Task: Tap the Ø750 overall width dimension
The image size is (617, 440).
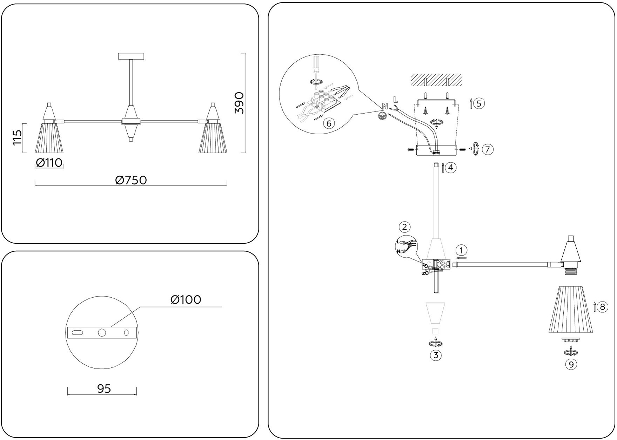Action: (x=131, y=180)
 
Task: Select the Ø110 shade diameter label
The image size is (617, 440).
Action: (x=49, y=163)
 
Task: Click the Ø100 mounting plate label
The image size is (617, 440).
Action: (x=186, y=299)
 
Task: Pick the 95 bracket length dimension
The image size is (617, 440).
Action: (x=104, y=388)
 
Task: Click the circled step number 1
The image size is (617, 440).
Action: (x=462, y=250)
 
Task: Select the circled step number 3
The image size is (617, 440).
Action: (x=436, y=355)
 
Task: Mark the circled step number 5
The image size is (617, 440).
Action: (x=479, y=103)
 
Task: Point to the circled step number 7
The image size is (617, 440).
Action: (x=488, y=149)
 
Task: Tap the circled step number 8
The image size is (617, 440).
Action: (x=603, y=307)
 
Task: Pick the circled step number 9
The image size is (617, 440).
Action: (x=571, y=365)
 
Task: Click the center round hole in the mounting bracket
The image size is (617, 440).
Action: (x=102, y=333)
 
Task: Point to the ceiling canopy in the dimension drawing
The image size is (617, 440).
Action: (x=131, y=56)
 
